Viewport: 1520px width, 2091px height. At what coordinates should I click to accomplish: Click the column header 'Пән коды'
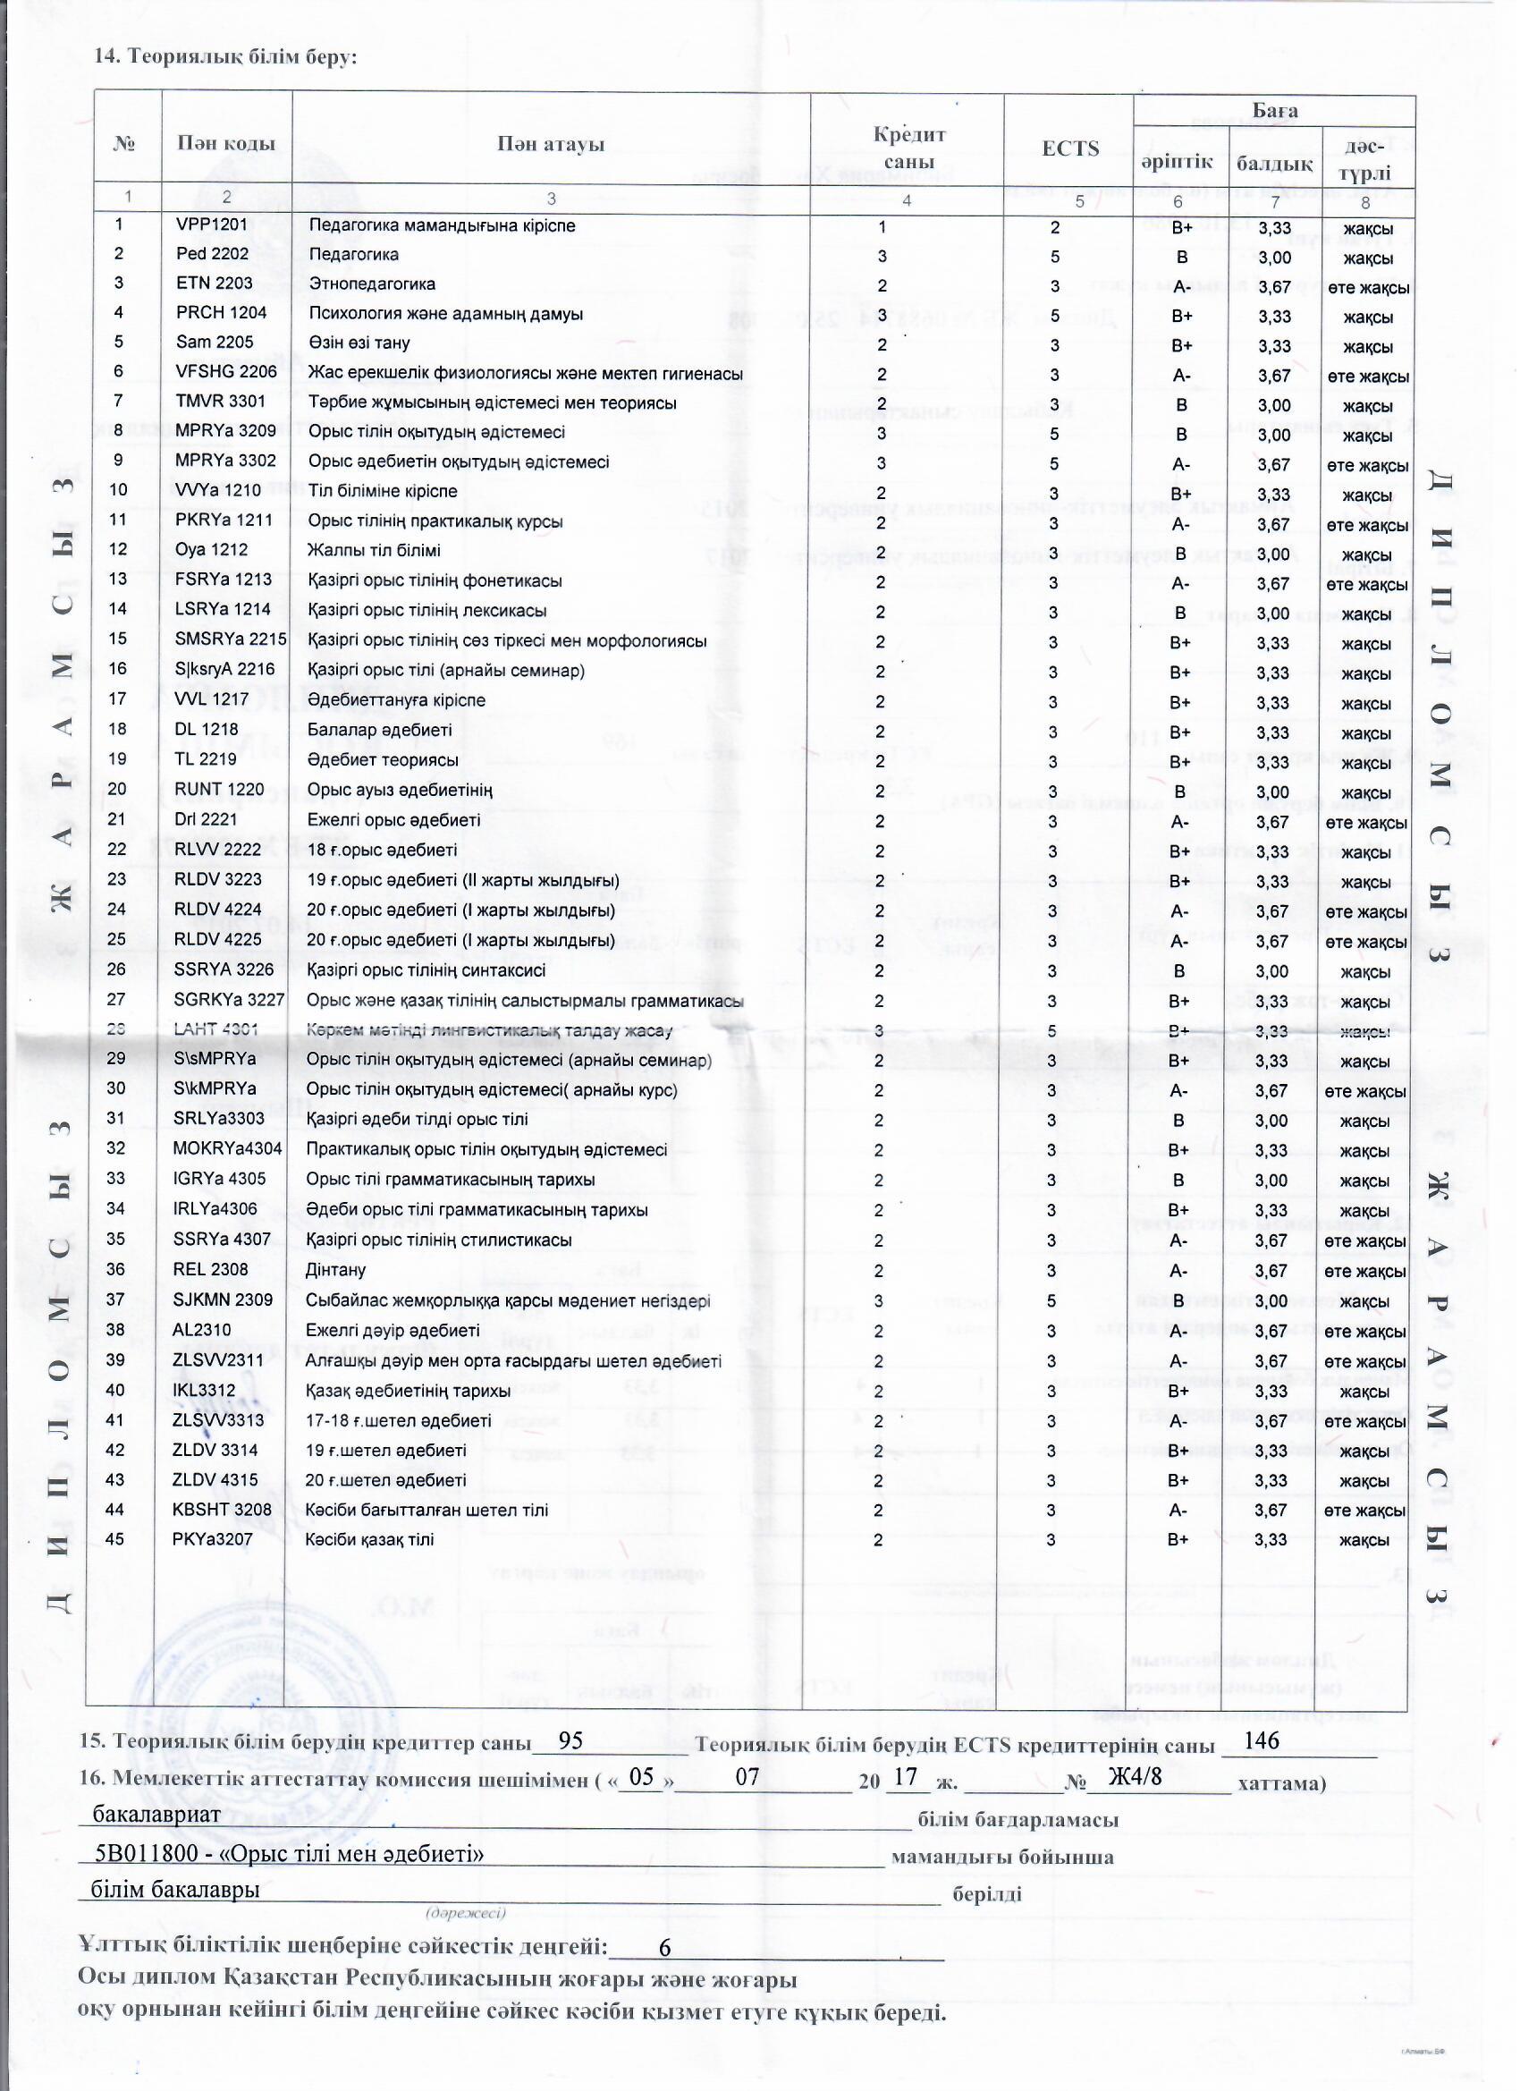tap(226, 144)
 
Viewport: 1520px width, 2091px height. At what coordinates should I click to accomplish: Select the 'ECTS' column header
tap(1069, 148)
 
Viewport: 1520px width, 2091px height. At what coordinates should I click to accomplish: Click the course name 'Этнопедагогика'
tap(371, 284)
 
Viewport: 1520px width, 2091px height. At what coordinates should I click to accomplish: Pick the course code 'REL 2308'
tap(211, 1270)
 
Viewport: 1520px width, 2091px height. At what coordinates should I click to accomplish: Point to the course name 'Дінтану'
tap(335, 1271)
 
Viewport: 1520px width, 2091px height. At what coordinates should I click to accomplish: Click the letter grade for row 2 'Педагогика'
tap(1181, 258)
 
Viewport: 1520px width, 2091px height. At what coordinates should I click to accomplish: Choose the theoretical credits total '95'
tap(570, 1740)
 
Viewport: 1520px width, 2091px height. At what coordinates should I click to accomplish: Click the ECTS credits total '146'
tap(1262, 1740)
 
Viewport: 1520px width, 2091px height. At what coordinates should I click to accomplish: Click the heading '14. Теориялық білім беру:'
tap(226, 56)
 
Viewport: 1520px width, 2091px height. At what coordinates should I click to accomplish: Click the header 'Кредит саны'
tap(908, 148)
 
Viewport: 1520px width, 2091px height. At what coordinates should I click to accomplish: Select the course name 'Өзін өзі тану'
tap(359, 343)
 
